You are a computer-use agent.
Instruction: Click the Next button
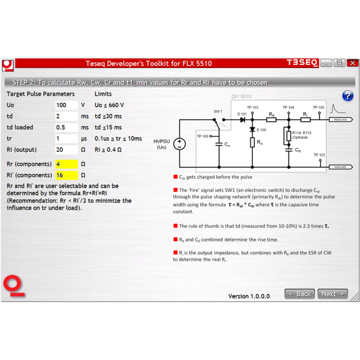[x=333, y=294]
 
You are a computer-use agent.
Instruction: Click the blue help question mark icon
[x=347, y=96]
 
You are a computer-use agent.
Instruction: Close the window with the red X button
[x=353, y=63]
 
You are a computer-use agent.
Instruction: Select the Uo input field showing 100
[x=66, y=105]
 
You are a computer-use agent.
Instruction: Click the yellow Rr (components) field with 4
[x=66, y=164]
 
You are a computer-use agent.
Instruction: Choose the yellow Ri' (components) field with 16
[x=66, y=175]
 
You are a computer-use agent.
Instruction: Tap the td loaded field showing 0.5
[x=66, y=127]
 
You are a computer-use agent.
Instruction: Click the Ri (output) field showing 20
[x=66, y=150]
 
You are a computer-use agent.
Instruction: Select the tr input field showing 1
[x=66, y=139]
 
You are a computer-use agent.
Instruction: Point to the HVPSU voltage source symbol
[x=179, y=144]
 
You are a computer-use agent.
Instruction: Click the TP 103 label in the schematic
[x=252, y=108]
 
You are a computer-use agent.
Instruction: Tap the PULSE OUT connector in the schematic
[x=341, y=120]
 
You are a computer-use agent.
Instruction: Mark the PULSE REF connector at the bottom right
[x=341, y=167]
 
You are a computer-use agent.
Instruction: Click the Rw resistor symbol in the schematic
[x=252, y=142]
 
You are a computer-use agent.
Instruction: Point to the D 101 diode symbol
[x=243, y=120]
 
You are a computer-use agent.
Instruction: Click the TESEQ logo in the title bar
[x=302, y=63]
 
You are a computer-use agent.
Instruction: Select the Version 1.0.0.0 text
[x=249, y=296]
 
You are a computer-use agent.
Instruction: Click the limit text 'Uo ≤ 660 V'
[x=109, y=105]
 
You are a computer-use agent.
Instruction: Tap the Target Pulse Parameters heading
[x=40, y=94]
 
